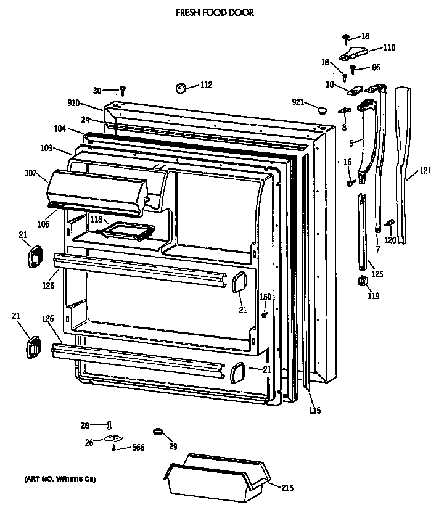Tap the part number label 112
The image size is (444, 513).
click(206, 85)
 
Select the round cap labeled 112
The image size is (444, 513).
click(181, 89)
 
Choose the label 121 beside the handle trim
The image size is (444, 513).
click(425, 170)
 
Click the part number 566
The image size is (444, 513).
click(138, 448)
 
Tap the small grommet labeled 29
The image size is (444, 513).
click(157, 430)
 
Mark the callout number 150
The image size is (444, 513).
click(265, 297)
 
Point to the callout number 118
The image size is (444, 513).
click(97, 220)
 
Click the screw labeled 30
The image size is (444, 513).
click(123, 90)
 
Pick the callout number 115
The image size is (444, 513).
click(315, 411)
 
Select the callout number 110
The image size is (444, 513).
click(389, 47)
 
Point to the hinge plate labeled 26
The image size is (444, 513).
click(112, 440)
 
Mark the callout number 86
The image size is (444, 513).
click(376, 68)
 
